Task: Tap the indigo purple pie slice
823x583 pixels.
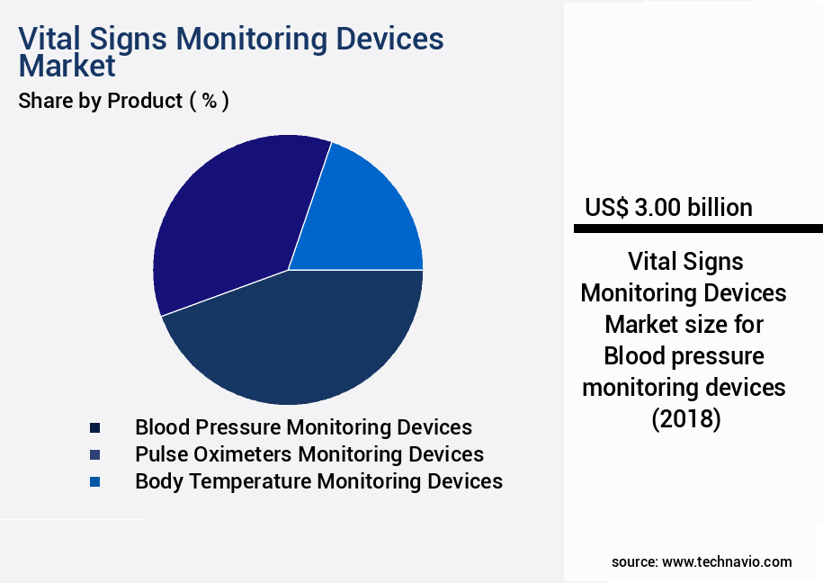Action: coord(229,225)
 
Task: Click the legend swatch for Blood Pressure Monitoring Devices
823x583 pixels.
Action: coord(94,427)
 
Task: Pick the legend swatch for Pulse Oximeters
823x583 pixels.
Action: coord(94,454)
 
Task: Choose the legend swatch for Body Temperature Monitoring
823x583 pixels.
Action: coord(94,481)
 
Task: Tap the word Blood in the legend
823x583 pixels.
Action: coord(162,427)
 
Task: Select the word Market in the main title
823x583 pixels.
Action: coord(67,66)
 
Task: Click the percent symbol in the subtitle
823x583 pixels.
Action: coord(209,101)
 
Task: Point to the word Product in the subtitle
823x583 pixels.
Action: coord(144,101)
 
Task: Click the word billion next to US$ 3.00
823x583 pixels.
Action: coord(720,208)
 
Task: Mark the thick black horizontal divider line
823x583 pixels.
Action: coord(698,229)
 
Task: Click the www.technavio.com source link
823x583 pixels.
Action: coord(727,562)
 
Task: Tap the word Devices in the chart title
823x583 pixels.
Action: coord(390,40)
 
